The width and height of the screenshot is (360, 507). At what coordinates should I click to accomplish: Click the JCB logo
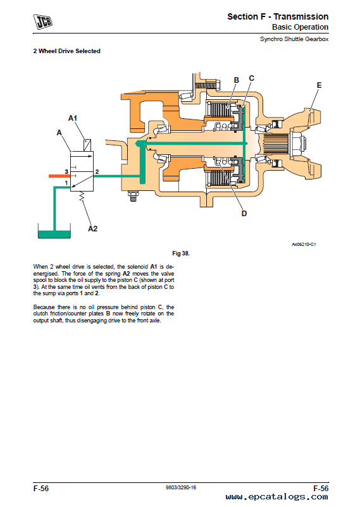[43, 21]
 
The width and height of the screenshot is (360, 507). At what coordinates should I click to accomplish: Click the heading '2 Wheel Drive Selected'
[66, 51]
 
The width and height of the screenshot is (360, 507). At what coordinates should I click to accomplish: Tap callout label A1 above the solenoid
[73, 118]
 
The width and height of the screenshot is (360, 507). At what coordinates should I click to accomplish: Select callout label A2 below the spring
[92, 229]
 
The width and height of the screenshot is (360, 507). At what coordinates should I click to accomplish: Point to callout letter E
[320, 85]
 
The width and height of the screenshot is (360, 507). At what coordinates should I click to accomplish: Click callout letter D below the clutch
[244, 214]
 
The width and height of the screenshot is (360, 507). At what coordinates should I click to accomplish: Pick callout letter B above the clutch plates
[237, 80]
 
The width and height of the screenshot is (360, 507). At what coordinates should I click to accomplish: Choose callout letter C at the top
[252, 78]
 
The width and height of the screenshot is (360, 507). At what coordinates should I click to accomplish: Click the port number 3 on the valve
[66, 172]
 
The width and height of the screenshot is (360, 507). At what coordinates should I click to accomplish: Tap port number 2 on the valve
[97, 172]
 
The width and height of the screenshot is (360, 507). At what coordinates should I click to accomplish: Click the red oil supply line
[59, 176]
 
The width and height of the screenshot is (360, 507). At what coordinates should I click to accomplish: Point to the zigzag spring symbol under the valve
[82, 196]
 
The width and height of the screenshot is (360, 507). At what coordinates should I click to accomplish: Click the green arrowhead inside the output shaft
[139, 144]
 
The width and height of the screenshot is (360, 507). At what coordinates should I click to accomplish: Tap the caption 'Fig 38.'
[181, 253]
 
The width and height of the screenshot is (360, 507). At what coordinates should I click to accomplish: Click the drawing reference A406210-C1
[304, 245]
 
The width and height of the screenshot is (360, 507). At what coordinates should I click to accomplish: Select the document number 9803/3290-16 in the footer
[181, 487]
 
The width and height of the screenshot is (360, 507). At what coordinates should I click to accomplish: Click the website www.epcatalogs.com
[276, 497]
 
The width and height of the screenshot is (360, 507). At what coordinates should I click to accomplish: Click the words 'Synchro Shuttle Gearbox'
[294, 39]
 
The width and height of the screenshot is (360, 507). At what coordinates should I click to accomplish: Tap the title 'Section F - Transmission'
[278, 16]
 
